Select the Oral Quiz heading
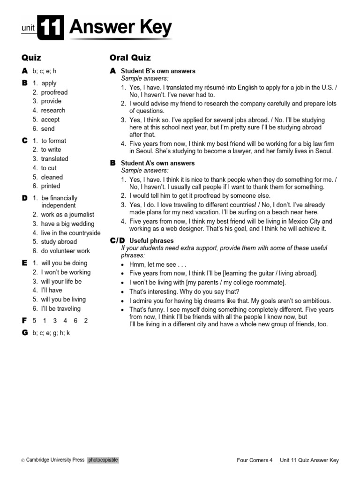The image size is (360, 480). click(130, 58)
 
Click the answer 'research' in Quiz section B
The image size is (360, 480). click(53, 110)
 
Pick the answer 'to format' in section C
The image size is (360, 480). click(53, 141)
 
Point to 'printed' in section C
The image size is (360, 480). click(51, 186)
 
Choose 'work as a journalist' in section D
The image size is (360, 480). click(67, 215)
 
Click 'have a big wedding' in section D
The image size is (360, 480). click(67, 224)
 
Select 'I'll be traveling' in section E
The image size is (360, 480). click(60, 308)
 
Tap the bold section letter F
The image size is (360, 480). click(24, 321)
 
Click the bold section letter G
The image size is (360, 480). click(24, 333)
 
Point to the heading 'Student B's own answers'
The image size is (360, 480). click(158, 71)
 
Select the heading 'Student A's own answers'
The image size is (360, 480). click(158, 163)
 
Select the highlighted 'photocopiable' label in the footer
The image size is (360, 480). click(103, 460)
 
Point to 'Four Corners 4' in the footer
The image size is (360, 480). click(255, 460)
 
